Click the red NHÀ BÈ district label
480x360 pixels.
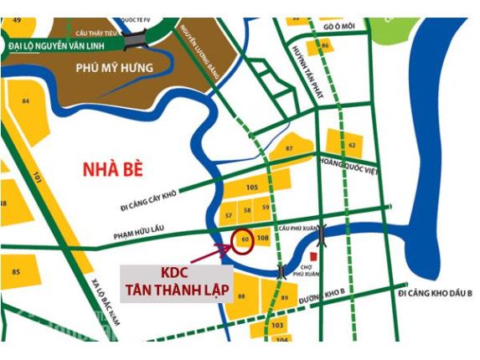[113, 170]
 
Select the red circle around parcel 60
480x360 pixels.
[243, 239]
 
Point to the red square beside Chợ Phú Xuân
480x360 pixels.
[313, 255]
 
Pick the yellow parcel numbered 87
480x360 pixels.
[289, 148]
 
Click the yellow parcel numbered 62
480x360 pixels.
[351, 145]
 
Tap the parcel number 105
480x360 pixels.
[252, 187]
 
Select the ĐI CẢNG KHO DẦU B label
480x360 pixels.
[436, 295]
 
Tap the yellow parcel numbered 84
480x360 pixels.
[26, 102]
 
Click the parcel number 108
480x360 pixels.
[262, 239]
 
